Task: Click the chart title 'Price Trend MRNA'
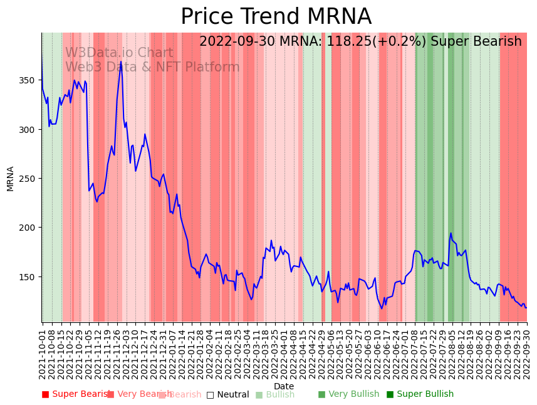pyautogui.click(x=276, y=17)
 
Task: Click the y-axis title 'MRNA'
pyautogui.click(x=10, y=178)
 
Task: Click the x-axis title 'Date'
pyautogui.click(x=283, y=386)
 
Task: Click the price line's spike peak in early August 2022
pyautogui.click(x=451, y=233)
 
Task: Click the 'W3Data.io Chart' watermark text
pyautogui.click(x=119, y=53)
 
